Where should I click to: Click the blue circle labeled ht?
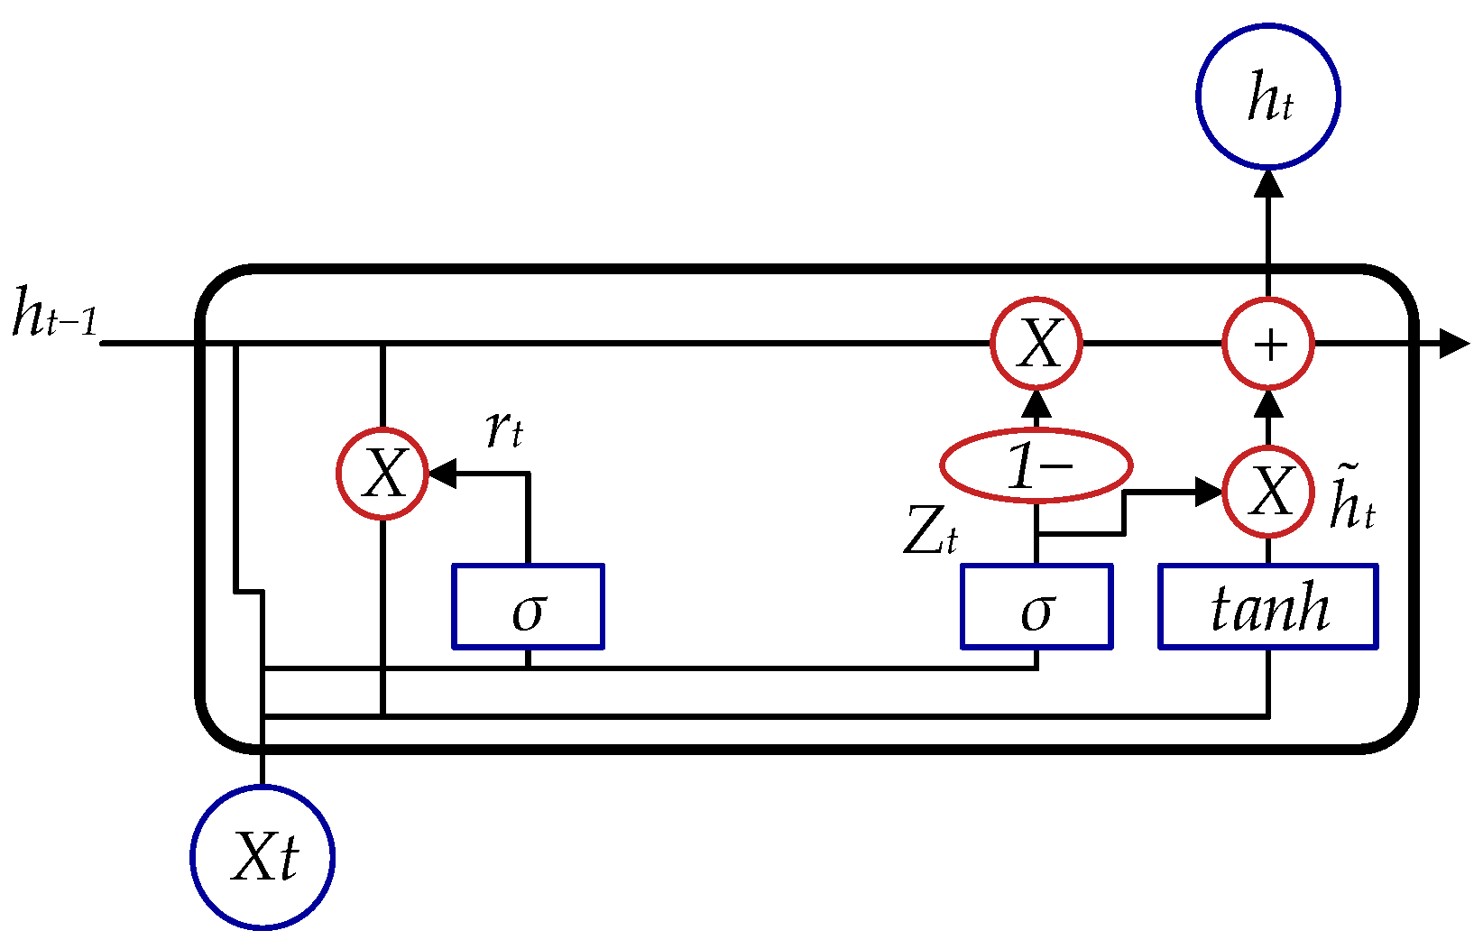tap(1267, 97)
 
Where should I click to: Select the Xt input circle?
tap(263, 856)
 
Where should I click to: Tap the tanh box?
tap(1267, 606)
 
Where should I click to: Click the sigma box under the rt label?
tap(528, 606)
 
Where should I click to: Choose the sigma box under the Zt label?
tap(1036, 606)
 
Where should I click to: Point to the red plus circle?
tap(1268, 344)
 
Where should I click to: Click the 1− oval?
tap(1036, 465)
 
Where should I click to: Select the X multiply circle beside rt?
tap(382, 473)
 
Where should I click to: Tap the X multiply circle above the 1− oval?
tap(1036, 344)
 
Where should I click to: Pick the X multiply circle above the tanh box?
tap(1268, 492)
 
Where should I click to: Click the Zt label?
tap(929, 532)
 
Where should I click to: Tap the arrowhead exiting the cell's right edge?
tap(1454, 344)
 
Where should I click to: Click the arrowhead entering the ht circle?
tap(1268, 183)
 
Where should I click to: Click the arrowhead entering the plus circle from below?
tap(1268, 402)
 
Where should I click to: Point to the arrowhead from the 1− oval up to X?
tap(1036, 403)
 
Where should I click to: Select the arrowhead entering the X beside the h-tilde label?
tap(1209, 492)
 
